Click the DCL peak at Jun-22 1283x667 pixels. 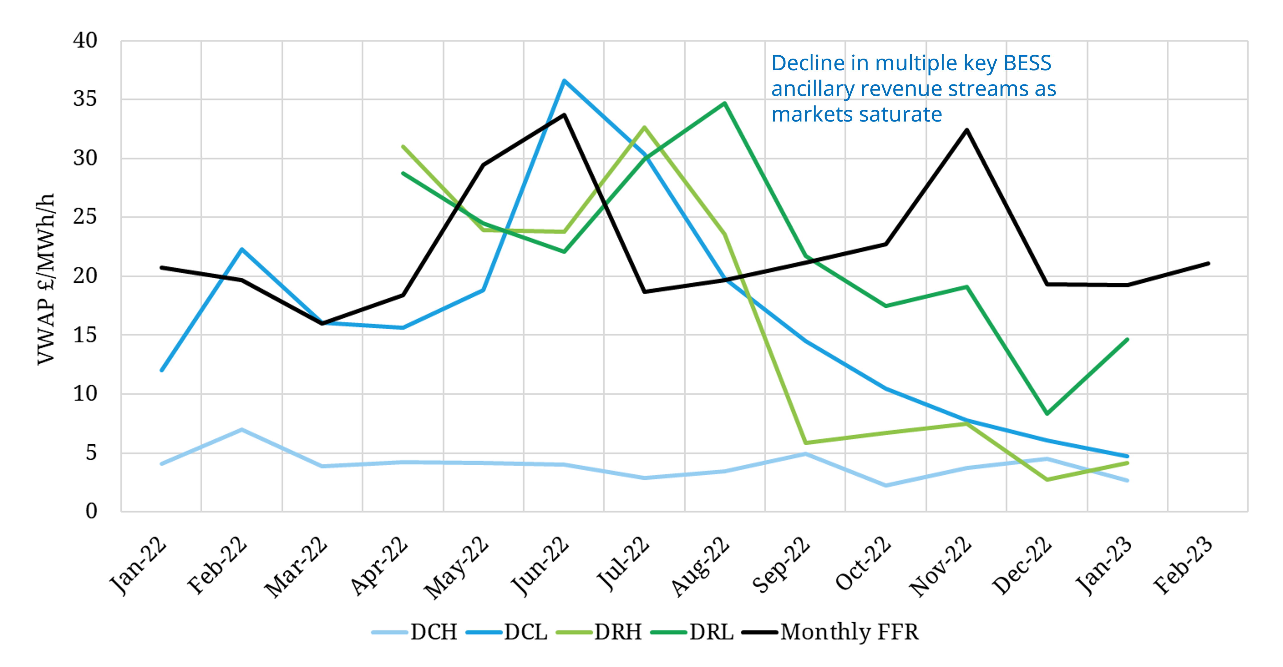point(564,81)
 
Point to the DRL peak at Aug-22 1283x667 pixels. point(725,103)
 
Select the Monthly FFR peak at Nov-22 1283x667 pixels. point(966,130)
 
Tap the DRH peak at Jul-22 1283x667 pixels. point(644,127)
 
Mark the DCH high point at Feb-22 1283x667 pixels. point(241,429)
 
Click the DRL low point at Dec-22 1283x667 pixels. point(1047,413)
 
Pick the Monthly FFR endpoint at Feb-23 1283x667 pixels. point(1208,263)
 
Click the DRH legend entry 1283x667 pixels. point(600,632)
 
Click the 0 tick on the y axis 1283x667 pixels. point(91,511)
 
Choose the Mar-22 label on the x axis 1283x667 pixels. point(296,566)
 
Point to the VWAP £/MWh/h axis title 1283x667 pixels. point(46,279)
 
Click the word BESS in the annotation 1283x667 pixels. point(1027,63)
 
